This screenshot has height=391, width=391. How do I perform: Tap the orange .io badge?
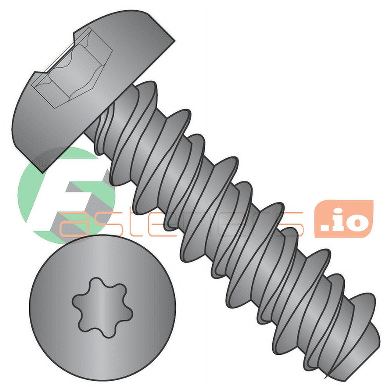(344, 219)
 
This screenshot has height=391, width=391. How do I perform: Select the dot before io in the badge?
(326, 227)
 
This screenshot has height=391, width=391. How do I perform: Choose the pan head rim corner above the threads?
(172, 37)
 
